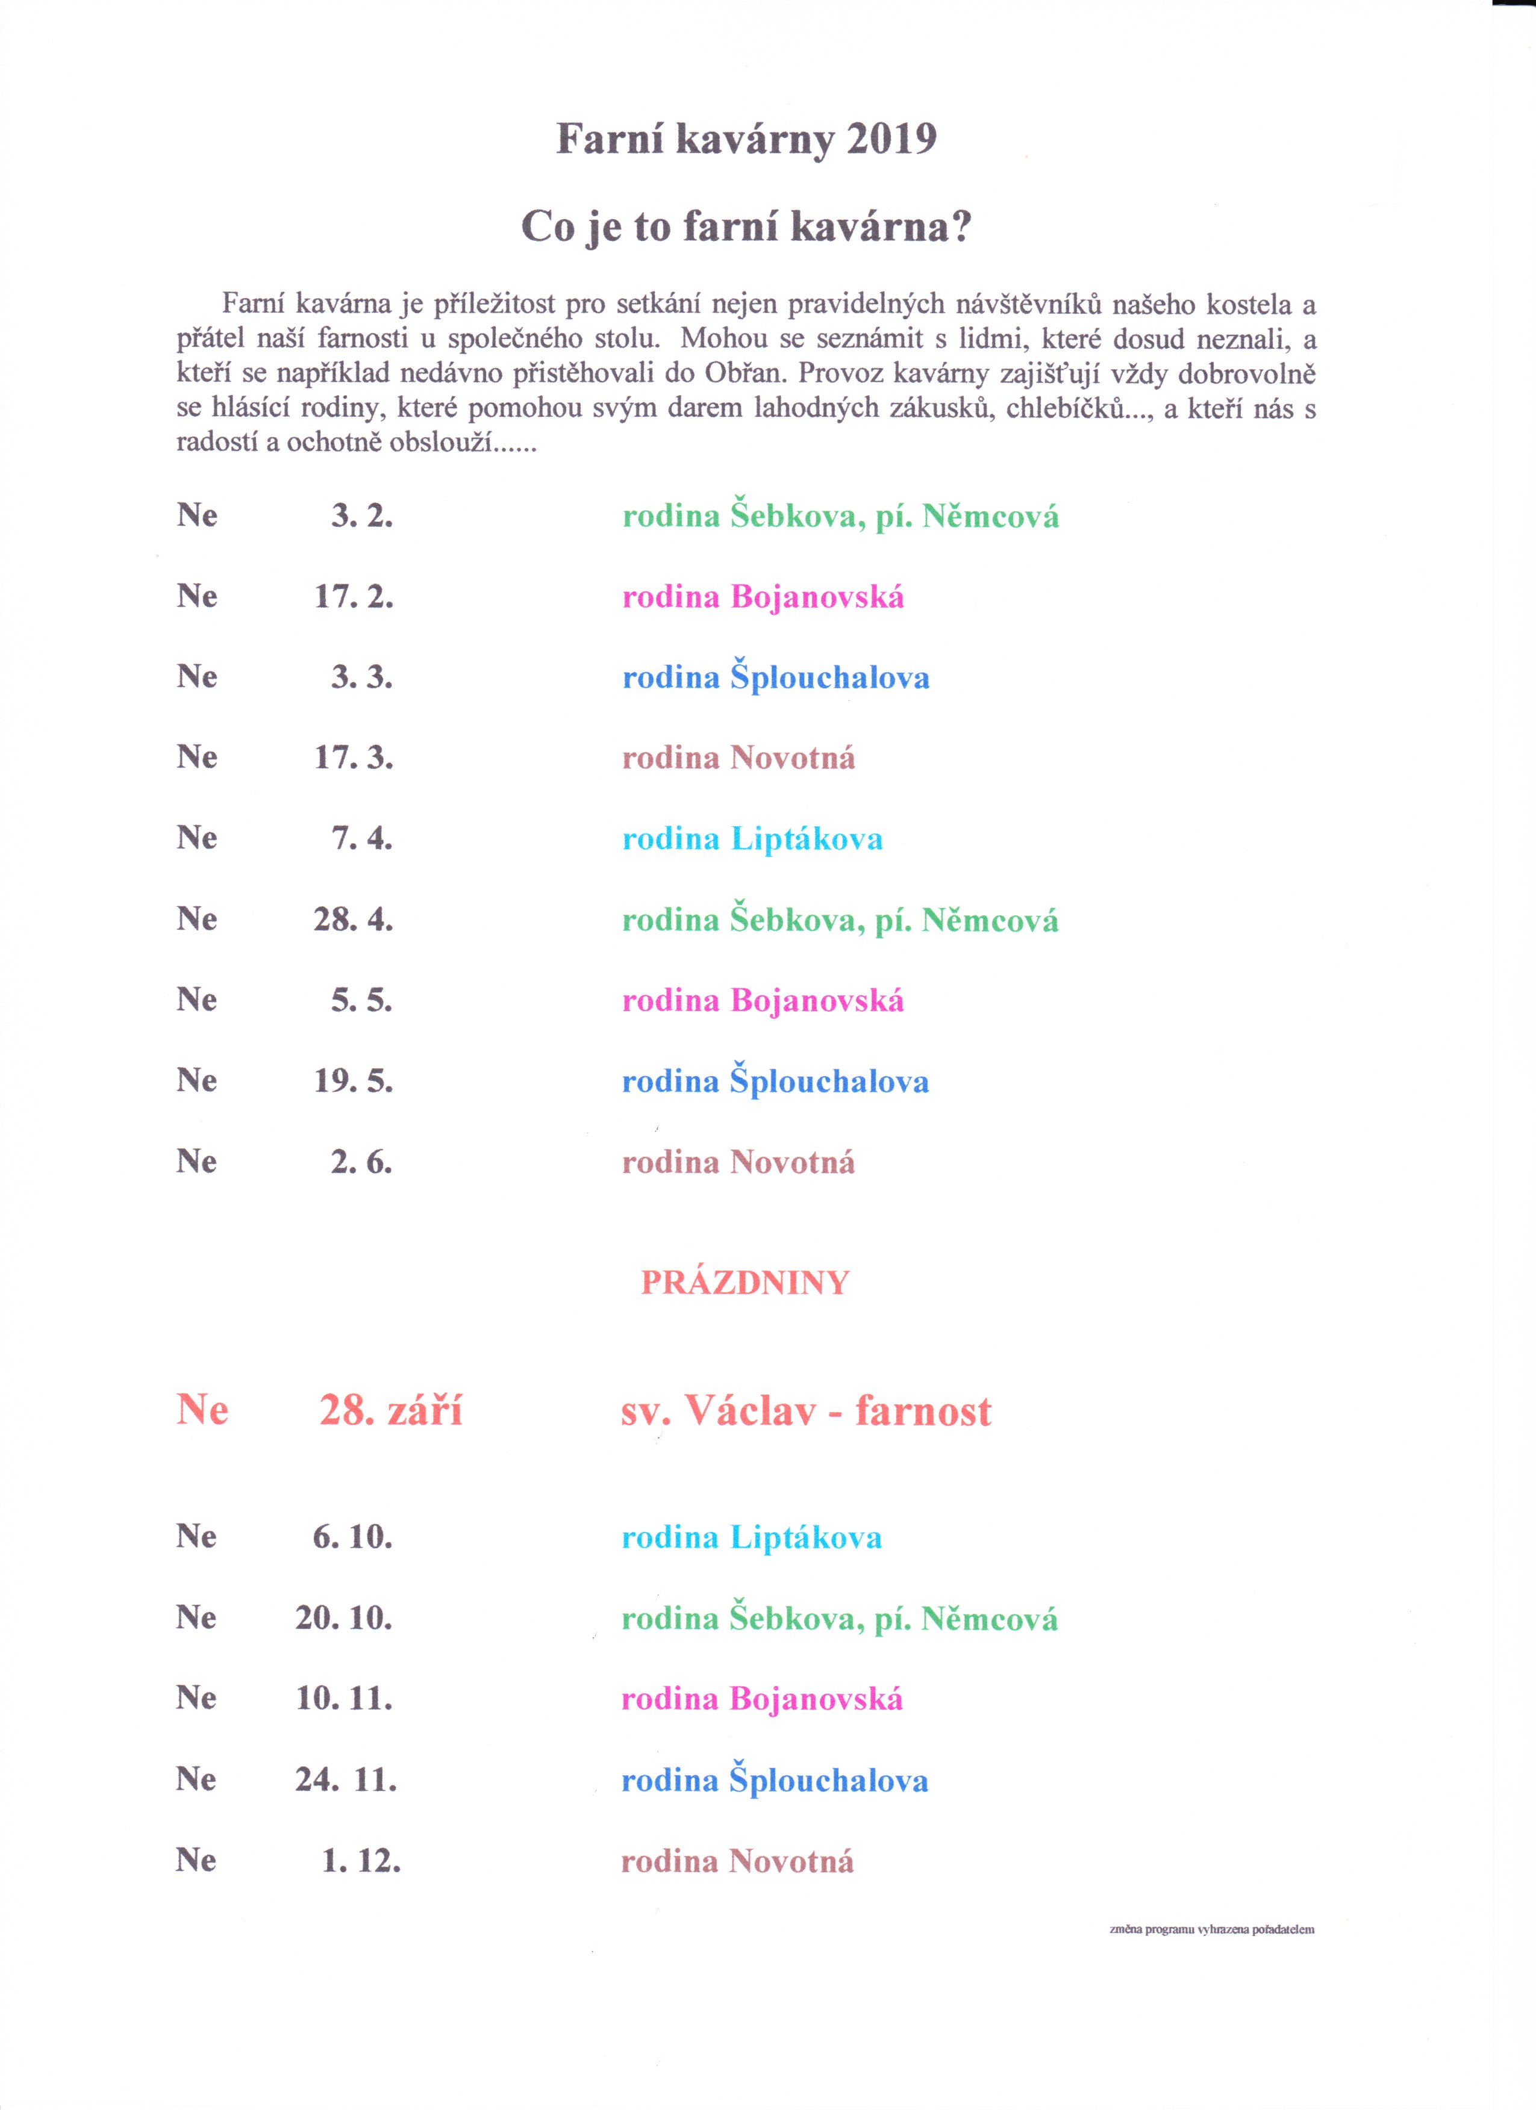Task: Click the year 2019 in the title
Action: (x=890, y=140)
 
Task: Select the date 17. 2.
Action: (x=354, y=596)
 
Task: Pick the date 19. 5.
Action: (x=354, y=1081)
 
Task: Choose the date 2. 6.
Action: (x=362, y=1162)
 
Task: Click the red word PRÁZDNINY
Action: (x=745, y=1284)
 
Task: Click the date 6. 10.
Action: (x=352, y=1537)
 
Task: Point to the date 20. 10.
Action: (x=344, y=1618)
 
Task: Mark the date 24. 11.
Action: (x=346, y=1780)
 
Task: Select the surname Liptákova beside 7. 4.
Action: (x=807, y=839)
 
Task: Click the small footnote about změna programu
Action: (x=1211, y=1929)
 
